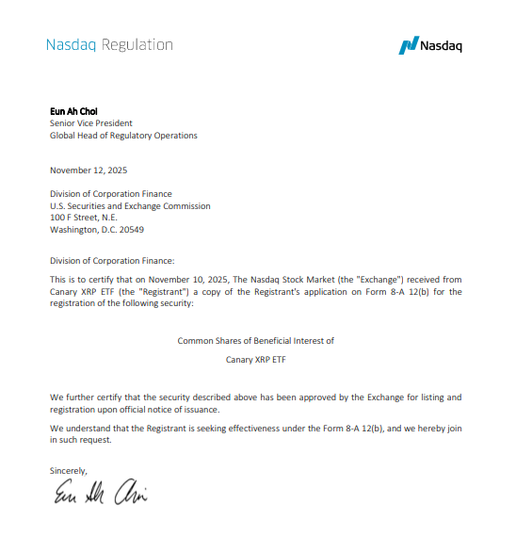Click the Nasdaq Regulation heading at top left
pos(109,44)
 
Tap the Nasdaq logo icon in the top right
pos(408,45)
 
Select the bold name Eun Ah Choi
pos(73,111)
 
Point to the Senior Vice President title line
pos(90,123)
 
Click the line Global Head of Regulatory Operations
pos(123,136)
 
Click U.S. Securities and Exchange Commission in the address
pos(130,205)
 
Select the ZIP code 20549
pos(131,229)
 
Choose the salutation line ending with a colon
pos(112,261)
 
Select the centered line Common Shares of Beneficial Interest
pos(255,340)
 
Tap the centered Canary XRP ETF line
pos(255,360)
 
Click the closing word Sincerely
pos(68,469)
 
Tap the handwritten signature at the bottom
pos(99,494)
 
